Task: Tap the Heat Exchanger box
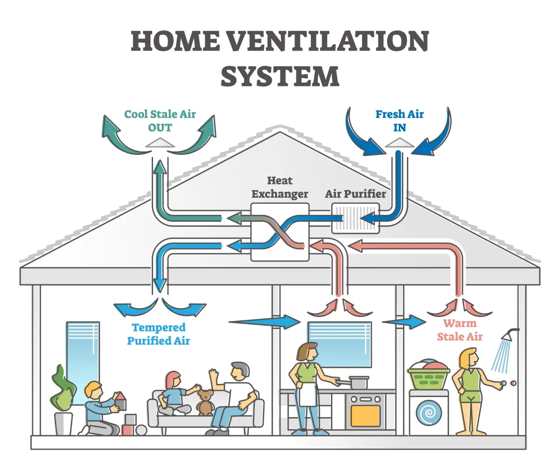point(280,232)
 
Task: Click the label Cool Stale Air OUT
point(160,121)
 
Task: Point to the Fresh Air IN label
point(399,121)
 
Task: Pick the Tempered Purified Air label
point(159,334)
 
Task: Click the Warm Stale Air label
point(460,329)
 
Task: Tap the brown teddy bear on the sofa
point(204,402)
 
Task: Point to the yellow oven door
point(365,416)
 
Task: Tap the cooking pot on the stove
point(358,383)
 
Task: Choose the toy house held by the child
point(120,402)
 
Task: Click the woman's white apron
point(306,394)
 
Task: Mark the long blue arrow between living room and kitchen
point(264,321)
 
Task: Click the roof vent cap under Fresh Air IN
point(399,142)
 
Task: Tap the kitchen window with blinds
point(339,344)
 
